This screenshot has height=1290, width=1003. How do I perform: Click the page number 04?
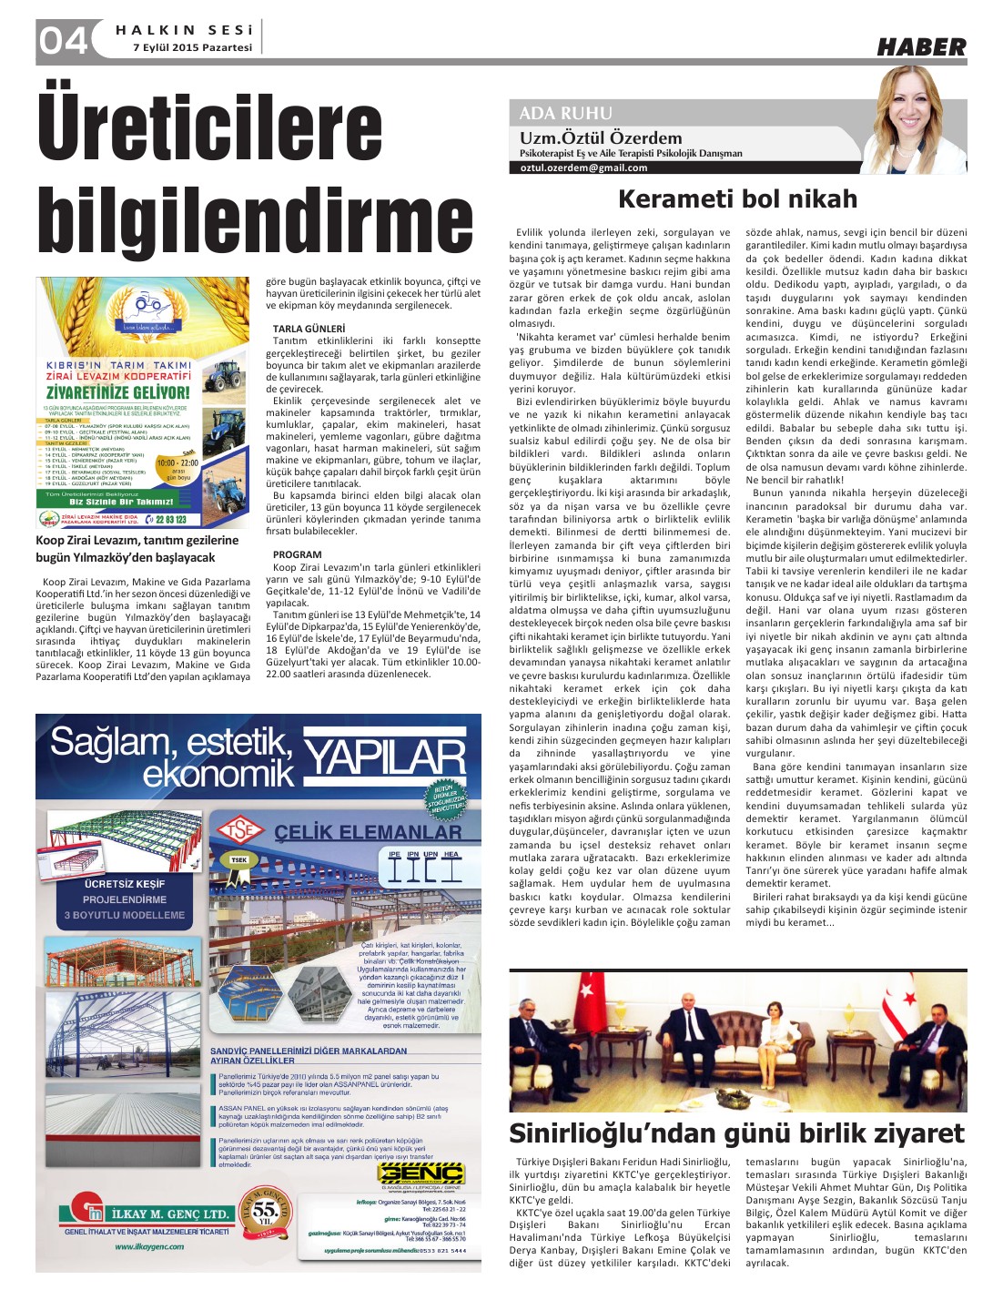click(x=62, y=41)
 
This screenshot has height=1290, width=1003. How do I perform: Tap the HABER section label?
click(x=921, y=46)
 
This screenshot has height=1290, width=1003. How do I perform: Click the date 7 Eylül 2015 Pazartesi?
click(x=192, y=47)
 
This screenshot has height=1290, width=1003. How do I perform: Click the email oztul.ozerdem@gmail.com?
click(x=584, y=168)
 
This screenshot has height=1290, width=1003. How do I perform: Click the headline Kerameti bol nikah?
click(x=737, y=198)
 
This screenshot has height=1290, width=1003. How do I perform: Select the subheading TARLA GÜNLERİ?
click(x=309, y=329)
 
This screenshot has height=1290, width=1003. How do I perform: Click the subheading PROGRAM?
click(x=297, y=554)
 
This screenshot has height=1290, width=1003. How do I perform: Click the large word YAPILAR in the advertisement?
click(x=383, y=758)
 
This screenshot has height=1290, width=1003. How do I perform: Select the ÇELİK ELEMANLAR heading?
click(x=368, y=831)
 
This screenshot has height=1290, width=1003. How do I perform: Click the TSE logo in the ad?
click(x=240, y=829)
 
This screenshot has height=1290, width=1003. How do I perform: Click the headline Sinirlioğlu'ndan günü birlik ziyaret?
click(x=736, y=1133)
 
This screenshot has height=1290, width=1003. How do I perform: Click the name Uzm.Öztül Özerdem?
click(x=601, y=138)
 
